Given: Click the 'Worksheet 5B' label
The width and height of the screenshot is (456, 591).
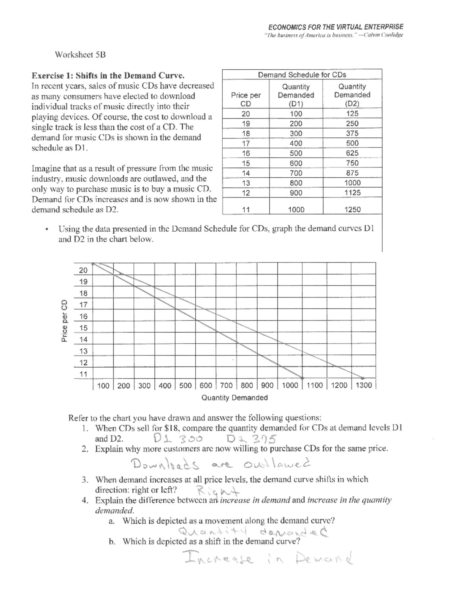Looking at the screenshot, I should coord(80,54).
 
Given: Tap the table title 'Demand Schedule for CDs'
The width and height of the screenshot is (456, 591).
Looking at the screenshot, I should coord(302,75).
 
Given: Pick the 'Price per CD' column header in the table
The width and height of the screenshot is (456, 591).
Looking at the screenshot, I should coord(246,99).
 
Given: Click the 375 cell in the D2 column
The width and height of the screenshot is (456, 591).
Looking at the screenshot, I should coord(352,134).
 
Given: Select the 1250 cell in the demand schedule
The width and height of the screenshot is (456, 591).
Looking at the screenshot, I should coord(352,210).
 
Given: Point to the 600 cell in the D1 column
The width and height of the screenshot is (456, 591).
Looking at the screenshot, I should coord(296,163).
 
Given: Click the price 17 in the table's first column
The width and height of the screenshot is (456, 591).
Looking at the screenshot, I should coord(246,143).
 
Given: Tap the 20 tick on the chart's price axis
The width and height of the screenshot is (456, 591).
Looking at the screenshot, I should coord(83,270).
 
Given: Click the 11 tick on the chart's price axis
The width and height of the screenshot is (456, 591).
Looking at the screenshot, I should coord(83,374).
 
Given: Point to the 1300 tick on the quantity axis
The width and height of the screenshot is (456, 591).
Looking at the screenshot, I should coord(364,386).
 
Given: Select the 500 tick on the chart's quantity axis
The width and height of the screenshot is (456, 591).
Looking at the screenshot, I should coord(185,386).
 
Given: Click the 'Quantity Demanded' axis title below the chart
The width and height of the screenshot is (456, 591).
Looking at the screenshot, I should coord(234,398).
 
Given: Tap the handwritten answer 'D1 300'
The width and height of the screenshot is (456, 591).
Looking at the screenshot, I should coord(178,438).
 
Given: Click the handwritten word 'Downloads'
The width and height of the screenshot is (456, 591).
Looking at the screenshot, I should coord(165,464).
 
